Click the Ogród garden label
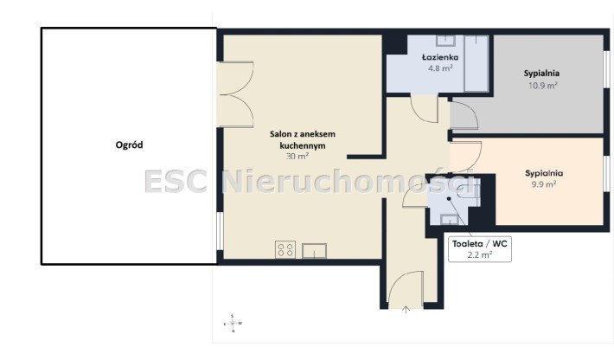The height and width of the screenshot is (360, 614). coord(129,145)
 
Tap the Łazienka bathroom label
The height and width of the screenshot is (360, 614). coord(440,57)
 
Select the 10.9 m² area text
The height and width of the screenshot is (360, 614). coord(543,86)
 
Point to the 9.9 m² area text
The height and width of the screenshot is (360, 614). coord(544,184)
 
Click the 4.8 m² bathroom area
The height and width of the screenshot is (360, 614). coord(440,68)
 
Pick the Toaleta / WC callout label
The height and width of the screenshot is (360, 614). coord(480,244)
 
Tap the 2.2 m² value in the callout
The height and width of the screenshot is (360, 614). coord(480,254)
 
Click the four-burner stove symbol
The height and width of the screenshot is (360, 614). coord(285,250)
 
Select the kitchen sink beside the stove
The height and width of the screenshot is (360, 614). coord(315,251)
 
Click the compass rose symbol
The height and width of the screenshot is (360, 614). coord(233,324)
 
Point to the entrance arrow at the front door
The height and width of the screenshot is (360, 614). coord(406,310)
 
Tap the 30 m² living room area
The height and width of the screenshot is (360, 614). coord(297,157)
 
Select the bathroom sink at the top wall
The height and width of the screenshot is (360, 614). coord(445,41)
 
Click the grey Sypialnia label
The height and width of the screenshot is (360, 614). coord(541,74)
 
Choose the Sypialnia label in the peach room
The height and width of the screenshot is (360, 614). coord(544,173)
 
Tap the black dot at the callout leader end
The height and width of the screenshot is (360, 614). coord(449,199)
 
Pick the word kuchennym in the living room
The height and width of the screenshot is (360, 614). coord(303,146)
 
